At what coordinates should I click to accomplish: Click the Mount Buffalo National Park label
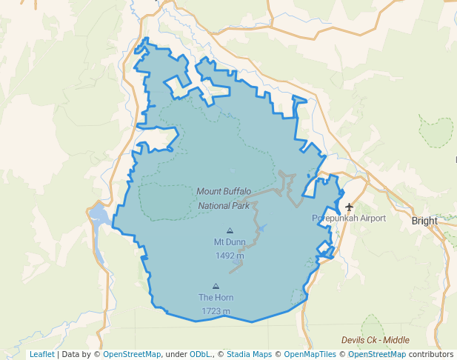224,198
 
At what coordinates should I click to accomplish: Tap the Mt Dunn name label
230,241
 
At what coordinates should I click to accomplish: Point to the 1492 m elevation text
230,256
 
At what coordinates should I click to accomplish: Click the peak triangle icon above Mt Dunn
230,230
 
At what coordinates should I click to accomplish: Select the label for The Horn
216,297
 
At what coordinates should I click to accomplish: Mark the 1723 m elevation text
216,311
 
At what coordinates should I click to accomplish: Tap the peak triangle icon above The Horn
216,286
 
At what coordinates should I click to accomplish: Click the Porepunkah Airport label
349,219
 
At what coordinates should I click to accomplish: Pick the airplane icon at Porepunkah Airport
350,207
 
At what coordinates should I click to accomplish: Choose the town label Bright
424,221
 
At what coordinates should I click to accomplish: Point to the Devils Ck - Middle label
376,340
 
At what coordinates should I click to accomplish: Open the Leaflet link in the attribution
42,354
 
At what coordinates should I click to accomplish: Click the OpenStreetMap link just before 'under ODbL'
132,354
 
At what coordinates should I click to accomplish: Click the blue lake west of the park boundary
99,216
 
